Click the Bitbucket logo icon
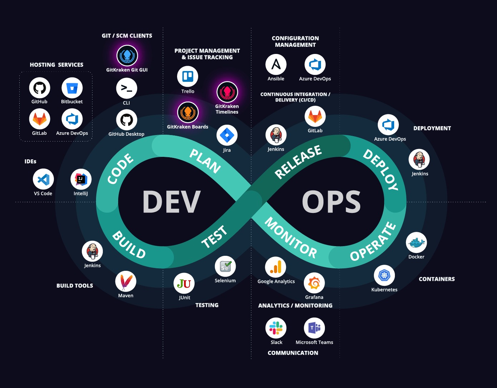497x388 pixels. (x=72, y=88)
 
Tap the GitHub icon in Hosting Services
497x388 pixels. (x=40, y=88)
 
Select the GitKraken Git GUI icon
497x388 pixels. (x=127, y=56)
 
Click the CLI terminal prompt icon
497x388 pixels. (x=126, y=88)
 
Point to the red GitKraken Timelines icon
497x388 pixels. (x=227, y=92)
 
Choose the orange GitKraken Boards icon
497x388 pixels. (x=188, y=112)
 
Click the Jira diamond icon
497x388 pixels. (x=227, y=135)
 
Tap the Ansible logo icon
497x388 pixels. (x=276, y=65)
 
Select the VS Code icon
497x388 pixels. (x=43, y=179)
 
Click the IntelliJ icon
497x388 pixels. (x=81, y=179)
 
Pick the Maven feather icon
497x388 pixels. (x=126, y=282)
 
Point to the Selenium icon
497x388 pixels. (x=225, y=267)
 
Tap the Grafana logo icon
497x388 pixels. (x=314, y=283)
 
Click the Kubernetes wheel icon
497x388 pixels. (x=384, y=275)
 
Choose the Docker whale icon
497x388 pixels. (x=416, y=243)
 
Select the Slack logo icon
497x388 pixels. (x=276, y=328)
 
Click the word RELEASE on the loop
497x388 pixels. (x=298, y=161)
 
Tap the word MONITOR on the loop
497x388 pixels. (x=291, y=238)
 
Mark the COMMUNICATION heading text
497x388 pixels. (x=293, y=353)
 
